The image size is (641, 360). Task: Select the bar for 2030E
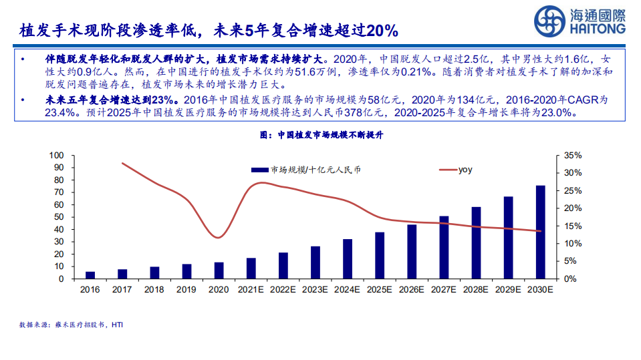coord(540,232)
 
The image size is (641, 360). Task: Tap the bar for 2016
coord(90,275)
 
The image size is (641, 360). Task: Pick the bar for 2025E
coord(380,255)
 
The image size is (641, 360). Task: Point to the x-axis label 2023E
coord(315,289)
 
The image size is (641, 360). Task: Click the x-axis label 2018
coord(154,289)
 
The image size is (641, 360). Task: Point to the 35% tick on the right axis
coord(573,155)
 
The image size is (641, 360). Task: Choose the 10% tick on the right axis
coord(573,243)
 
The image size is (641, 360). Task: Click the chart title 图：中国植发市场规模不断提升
coord(320,135)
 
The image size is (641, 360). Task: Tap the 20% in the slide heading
coord(383,30)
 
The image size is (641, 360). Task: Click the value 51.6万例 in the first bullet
coord(301,71)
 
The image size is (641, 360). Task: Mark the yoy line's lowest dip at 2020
coord(218,238)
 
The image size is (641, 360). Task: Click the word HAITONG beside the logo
coord(600,29)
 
